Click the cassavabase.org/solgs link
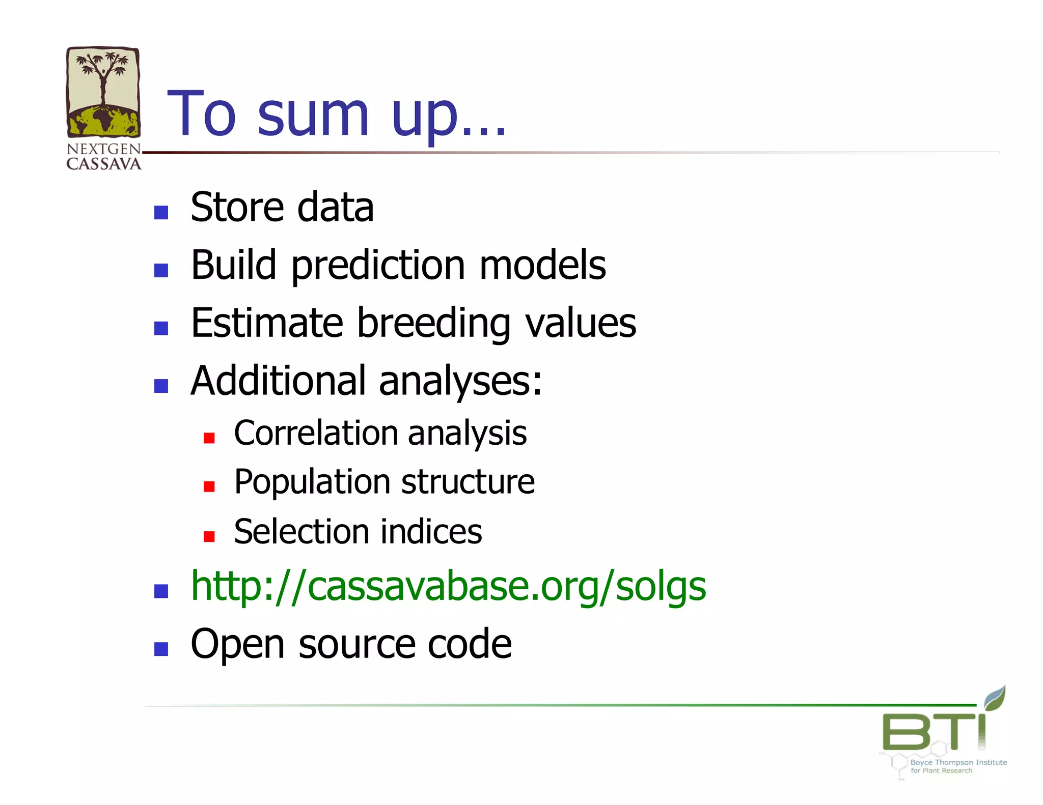[x=448, y=586]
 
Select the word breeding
[x=433, y=324]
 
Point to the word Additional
[x=278, y=381]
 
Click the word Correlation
[x=316, y=433]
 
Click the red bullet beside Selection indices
[x=209, y=536]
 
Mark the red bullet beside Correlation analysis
[x=209, y=438]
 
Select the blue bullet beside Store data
[x=161, y=212]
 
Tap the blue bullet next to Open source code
[x=161, y=649]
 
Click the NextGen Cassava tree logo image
[x=103, y=93]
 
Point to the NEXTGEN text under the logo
[x=103, y=149]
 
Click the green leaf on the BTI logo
[x=995, y=697]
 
